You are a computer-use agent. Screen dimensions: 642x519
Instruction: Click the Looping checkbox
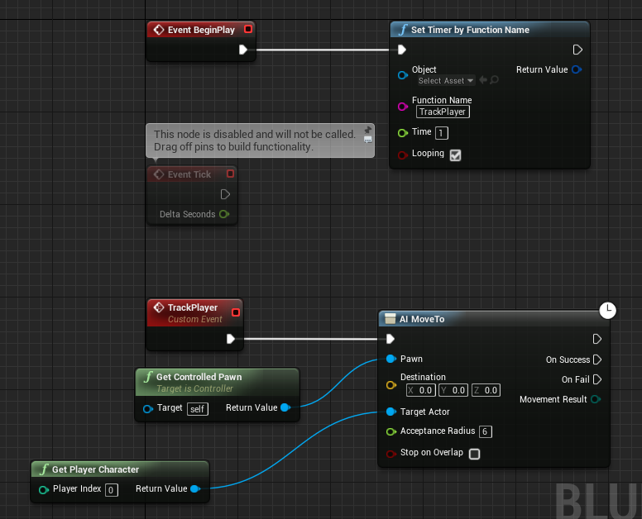click(x=455, y=155)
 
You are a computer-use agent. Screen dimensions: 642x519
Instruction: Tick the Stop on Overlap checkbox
click(x=475, y=454)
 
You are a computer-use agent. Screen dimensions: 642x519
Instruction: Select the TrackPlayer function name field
click(x=443, y=112)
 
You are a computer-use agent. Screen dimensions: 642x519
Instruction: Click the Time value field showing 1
click(x=442, y=133)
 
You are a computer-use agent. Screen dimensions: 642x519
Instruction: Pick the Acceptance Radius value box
click(x=485, y=431)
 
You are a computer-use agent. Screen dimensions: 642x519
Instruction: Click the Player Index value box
click(x=112, y=490)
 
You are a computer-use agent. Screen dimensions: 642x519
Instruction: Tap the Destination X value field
click(x=420, y=390)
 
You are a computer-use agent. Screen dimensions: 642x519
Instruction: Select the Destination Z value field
click(x=486, y=390)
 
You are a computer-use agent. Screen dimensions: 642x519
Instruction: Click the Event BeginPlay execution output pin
click(x=242, y=50)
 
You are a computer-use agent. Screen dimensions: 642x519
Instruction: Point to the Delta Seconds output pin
click(x=224, y=214)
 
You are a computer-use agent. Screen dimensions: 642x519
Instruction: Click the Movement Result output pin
click(x=596, y=399)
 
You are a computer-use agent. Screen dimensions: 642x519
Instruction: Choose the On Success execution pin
click(x=597, y=359)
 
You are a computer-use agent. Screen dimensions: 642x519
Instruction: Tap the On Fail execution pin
click(x=597, y=379)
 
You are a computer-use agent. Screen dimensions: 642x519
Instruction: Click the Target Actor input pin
click(x=391, y=412)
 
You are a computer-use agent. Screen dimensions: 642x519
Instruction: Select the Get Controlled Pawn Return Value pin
click(x=285, y=407)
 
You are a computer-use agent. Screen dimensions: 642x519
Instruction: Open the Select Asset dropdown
click(x=446, y=80)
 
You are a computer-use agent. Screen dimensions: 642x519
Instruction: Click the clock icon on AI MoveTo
click(x=607, y=311)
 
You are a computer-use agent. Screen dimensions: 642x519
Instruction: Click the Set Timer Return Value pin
click(x=577, y=69)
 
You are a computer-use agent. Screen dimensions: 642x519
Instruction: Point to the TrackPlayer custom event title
click(x=193, y=307)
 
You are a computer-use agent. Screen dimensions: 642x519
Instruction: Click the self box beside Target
click(x=198, y=409)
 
